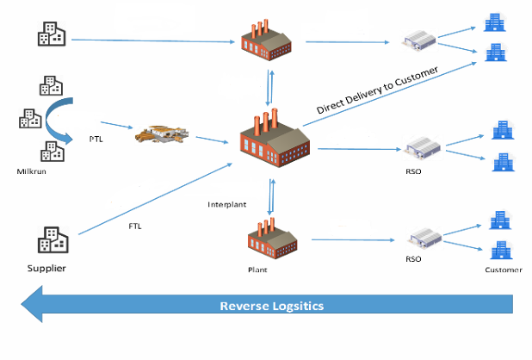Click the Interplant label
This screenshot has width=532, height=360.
coord(227,204)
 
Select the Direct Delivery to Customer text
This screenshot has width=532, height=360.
coord(377,89)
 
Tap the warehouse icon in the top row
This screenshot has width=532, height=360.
coord(423,38)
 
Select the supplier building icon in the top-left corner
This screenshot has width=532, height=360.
coord(49,33)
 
